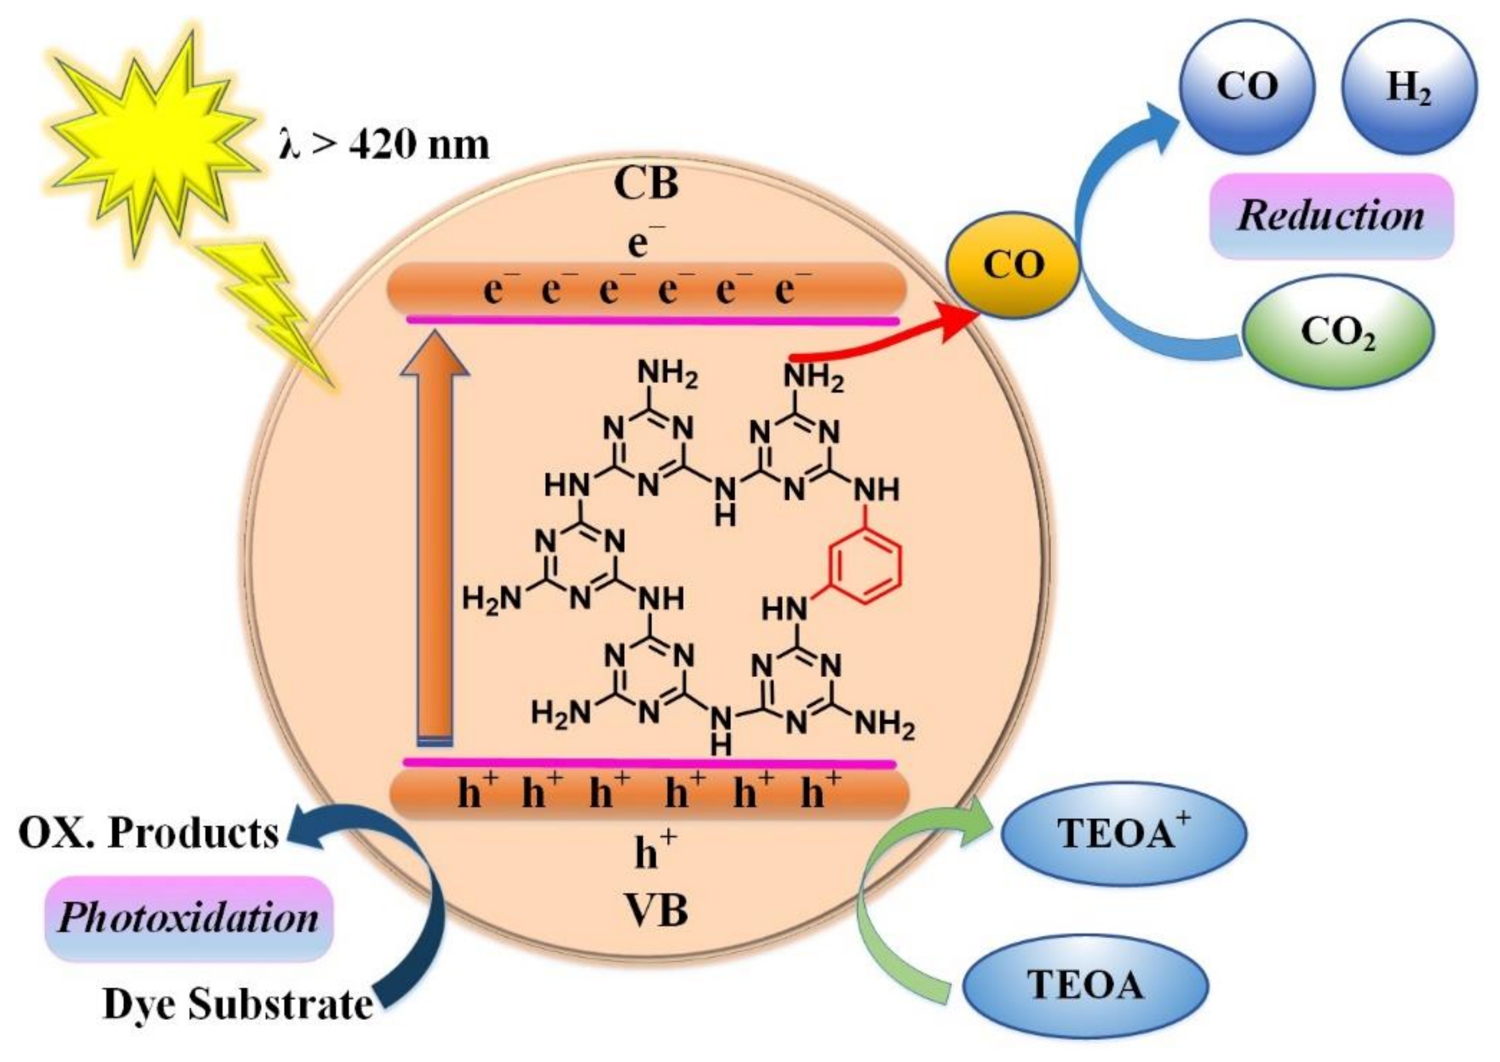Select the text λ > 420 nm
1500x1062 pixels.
[384, 145]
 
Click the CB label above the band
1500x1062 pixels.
[646, 184]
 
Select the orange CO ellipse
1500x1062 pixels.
[1012, 265]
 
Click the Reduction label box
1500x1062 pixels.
[1331, 216]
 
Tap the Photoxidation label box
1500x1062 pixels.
[188, 918]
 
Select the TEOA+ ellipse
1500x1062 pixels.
[1124, 834]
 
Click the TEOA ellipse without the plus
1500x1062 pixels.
[1085, 985]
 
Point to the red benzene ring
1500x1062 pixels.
[866, 565]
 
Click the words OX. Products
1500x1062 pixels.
[149, 834]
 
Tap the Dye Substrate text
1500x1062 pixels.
[237, 1004]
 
